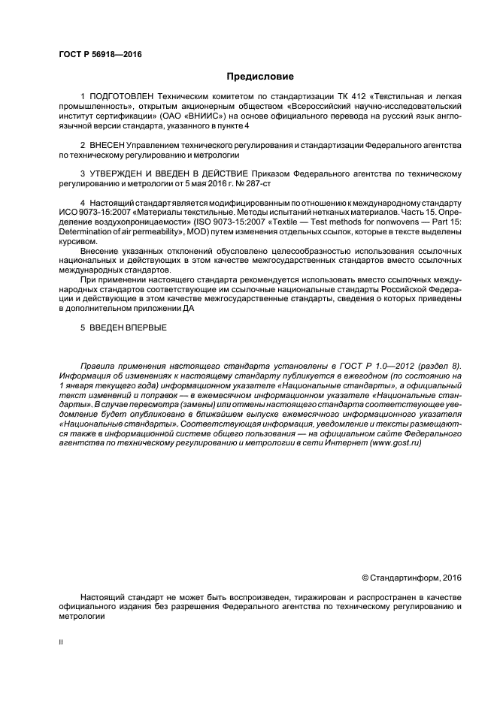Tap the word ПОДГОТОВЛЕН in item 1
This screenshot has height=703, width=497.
119,98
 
